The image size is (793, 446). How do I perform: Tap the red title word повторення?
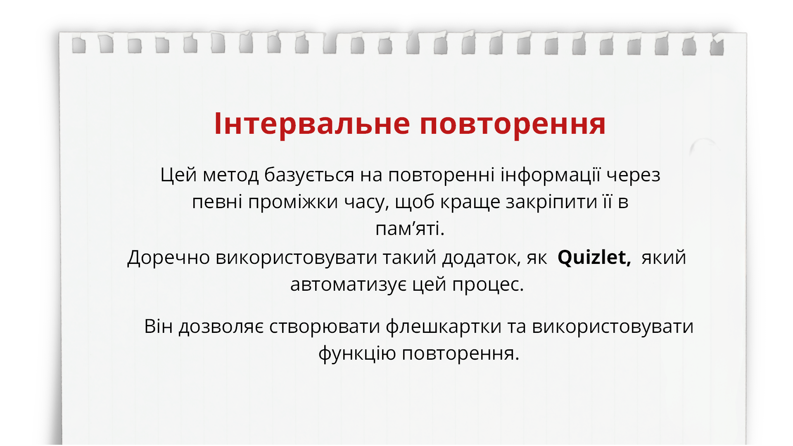point(513,123)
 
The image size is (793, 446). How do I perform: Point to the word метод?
point(230,175)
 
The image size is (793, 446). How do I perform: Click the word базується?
point(309,175)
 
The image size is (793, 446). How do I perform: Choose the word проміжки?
point(293,202)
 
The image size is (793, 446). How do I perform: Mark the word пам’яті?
point(409,229)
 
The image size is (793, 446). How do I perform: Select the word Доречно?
point(169,257)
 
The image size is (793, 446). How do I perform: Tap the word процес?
point(487,285)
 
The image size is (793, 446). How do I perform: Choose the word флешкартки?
point(444,326)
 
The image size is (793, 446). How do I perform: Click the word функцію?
point(357,353)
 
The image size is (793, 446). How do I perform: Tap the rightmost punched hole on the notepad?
point(717,47)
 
